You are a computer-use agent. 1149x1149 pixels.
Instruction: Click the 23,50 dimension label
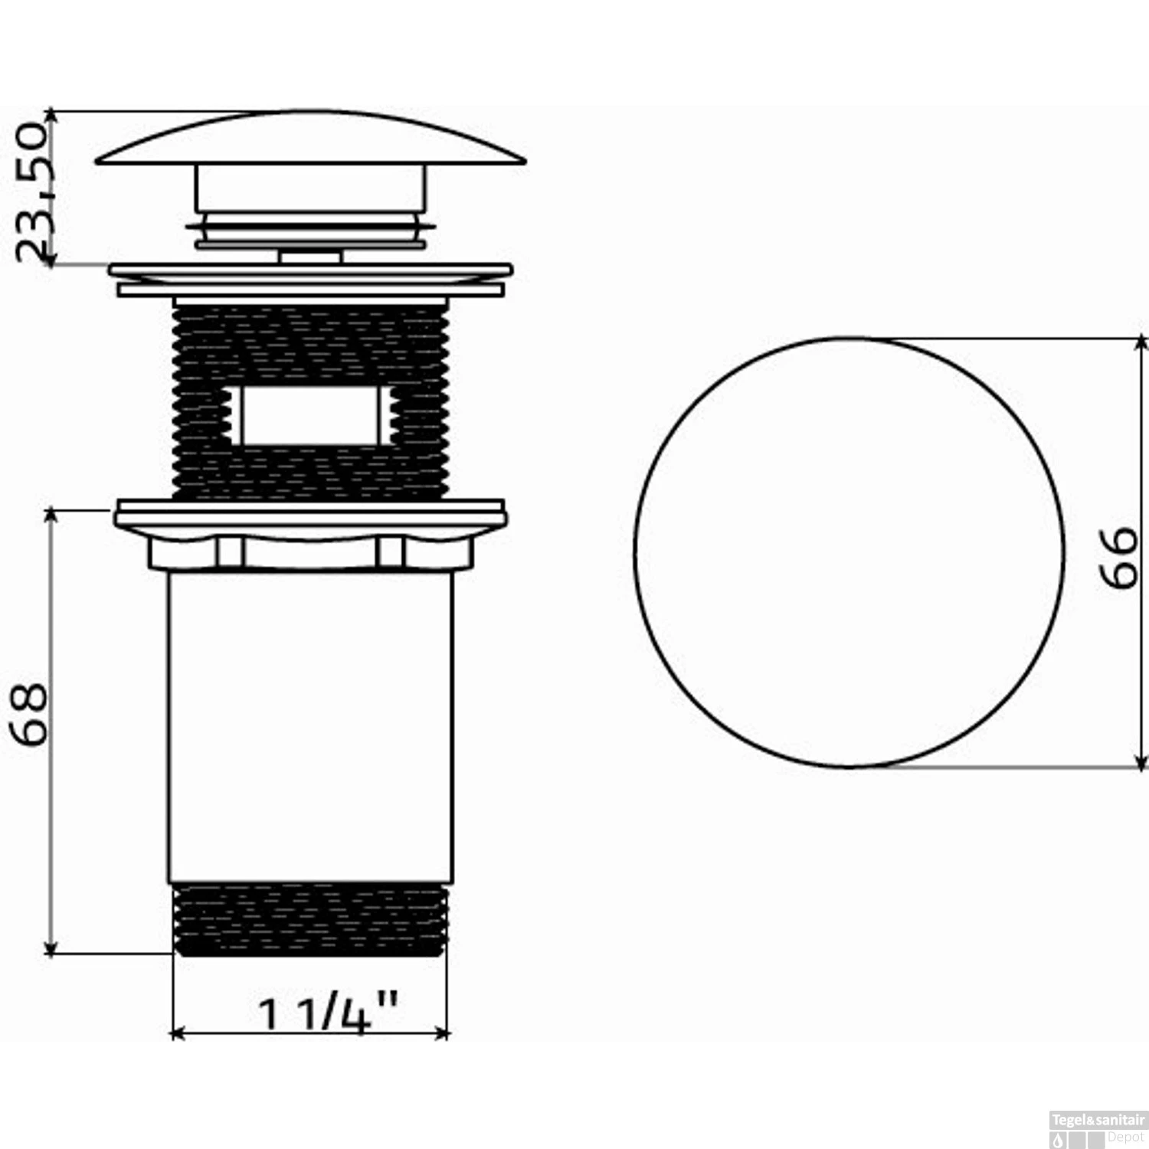32,191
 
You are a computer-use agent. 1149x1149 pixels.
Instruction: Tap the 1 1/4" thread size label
328,1013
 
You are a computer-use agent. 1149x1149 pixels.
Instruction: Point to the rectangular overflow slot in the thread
310,415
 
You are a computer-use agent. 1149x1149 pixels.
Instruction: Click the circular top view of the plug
849,552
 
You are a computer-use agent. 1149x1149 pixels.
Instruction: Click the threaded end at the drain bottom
310,919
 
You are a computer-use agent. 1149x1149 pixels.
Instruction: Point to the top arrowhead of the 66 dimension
1141,342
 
